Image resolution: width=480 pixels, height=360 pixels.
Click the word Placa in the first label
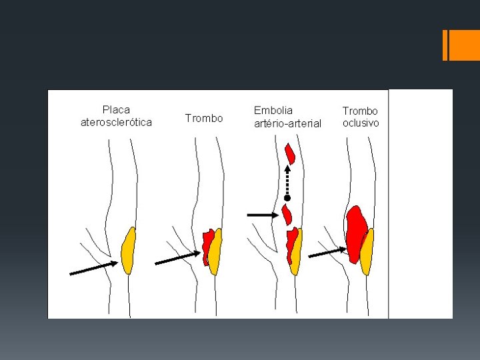click(x=116, y=109)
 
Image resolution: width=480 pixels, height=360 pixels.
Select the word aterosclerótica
click(x=116, y=122)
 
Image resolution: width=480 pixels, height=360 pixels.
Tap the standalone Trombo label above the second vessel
click(x=204, y=118)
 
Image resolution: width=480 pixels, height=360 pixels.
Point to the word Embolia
click(x=273, y=110)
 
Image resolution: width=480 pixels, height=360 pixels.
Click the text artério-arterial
click(x=287, y=123)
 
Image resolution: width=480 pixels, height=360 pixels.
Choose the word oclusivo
click(x=361, y=123)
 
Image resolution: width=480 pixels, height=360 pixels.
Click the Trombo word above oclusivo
click(x=360, y=111)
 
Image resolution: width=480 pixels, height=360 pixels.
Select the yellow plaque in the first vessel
click(x=128, y=250)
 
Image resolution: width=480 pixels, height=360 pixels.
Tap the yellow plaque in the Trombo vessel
click(x=215, y=251)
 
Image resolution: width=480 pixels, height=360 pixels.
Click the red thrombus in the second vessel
click(x=207, y=247)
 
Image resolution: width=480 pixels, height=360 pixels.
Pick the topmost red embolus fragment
click(x=289, y=153)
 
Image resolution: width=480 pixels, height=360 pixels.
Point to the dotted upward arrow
click(x=287, y=180)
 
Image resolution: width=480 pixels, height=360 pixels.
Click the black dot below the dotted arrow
click(x=287, y=198)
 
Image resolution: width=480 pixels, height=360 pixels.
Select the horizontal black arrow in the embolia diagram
click(x=263, y=215)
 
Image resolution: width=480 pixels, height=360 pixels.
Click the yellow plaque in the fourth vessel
click(x=366, y=251)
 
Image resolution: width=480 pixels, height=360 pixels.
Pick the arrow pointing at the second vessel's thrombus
click(x=177, y=258)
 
